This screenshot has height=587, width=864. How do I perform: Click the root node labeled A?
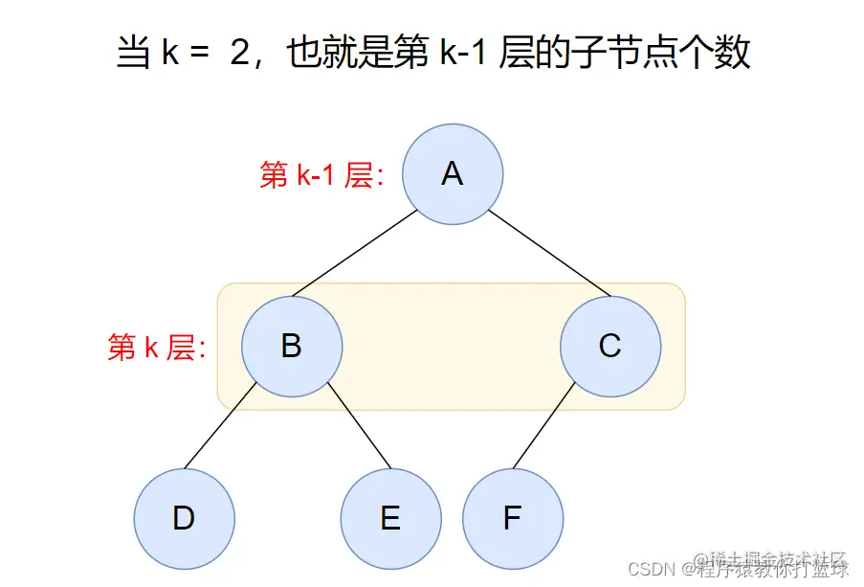[x=452, y=174]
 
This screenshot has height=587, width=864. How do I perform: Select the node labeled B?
[x=291, y=346]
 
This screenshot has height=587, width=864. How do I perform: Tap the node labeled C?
[x=609, y=346]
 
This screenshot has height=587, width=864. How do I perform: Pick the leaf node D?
[x=184, y=518]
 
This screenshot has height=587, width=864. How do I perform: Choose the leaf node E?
[x=390, y=518]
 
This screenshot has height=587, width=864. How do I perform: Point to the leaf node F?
[x=512, y=518]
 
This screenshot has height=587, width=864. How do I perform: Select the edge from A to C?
[x=550, y=254]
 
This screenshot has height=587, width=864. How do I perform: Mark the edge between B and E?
[x=359, y=428]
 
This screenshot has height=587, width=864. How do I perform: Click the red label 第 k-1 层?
[x=321, y=175]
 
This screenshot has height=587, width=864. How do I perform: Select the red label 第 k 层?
[x=157, y=347]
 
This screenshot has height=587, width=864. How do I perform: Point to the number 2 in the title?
[x=238, y=54]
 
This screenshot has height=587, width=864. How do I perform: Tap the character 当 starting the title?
[x=132, y=54]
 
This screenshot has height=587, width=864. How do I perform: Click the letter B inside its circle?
[x=291, y=346]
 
